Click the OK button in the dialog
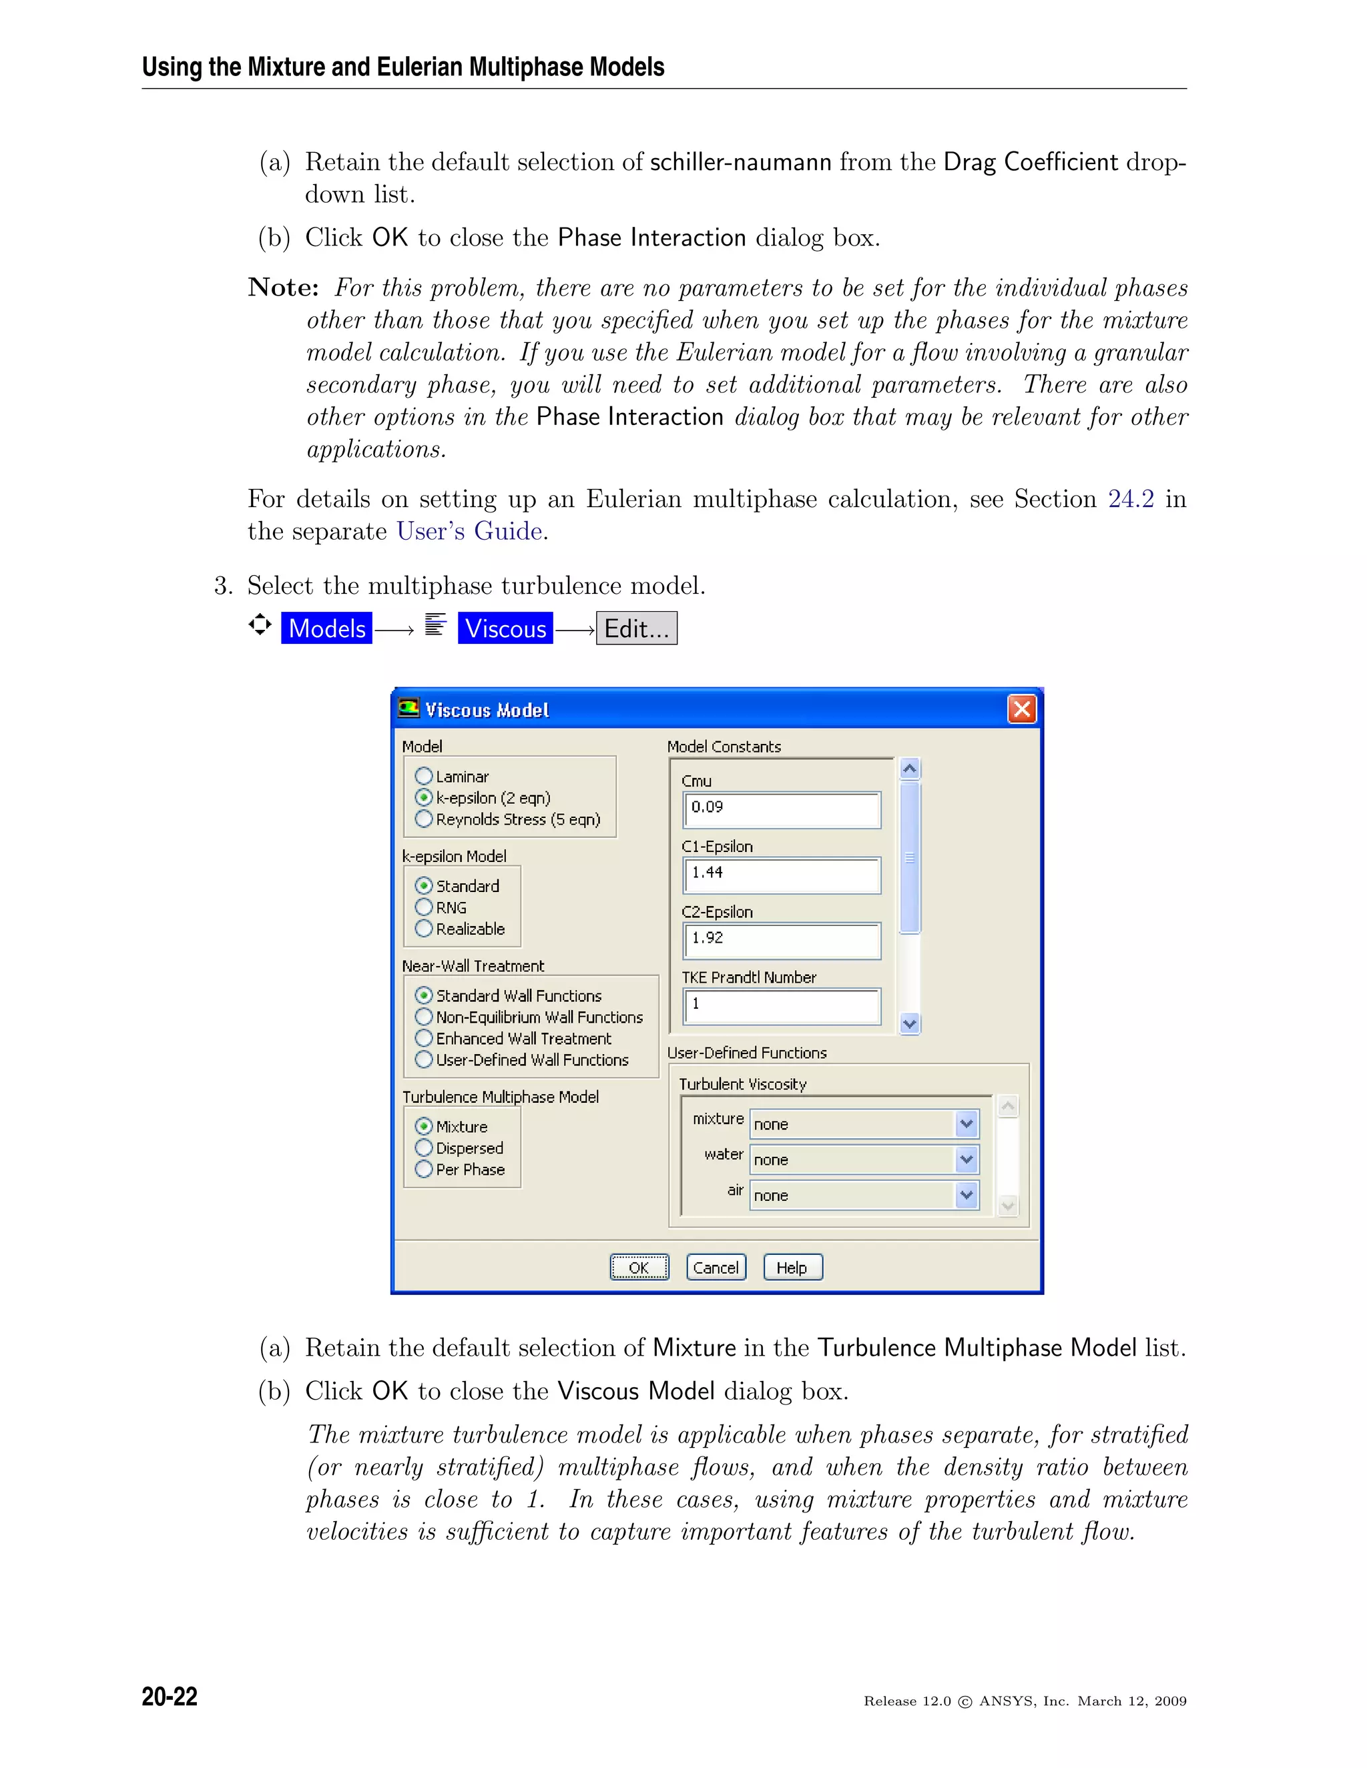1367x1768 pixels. pos(639,1267)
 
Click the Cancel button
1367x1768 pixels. pos(716,1267)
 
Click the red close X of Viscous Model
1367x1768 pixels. pos(1022,709)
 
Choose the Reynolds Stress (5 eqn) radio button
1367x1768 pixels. pos(424,819)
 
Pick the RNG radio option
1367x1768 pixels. pos(424,907)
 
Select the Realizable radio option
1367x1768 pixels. pos(424,929)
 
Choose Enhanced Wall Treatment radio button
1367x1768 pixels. pos(424,1038)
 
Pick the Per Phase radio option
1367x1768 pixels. pos(424,1169)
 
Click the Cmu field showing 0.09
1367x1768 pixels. pos(782,809)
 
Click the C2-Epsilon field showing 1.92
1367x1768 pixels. pos(782,940)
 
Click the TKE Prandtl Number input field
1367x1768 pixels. pos(782,1005)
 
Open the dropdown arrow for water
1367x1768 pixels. pos(966,1160)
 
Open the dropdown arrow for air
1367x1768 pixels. pos(966,1195)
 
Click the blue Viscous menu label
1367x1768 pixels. pos(505,628)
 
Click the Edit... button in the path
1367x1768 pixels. pos(637,628)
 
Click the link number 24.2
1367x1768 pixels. pos(1131,498)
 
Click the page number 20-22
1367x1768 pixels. pos(170,1696)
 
